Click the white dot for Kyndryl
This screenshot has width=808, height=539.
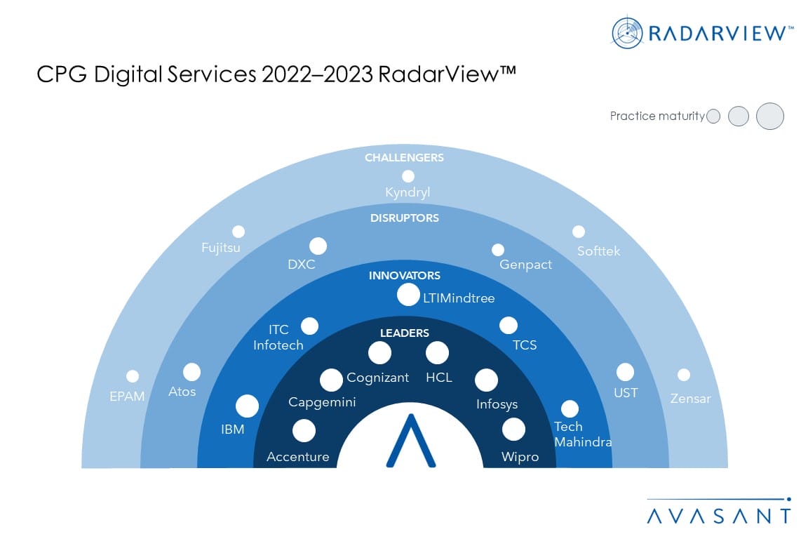tap(408, 176)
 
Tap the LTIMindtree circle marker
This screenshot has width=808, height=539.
tap(408, 295)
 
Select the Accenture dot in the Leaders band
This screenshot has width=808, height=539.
tap(304, 431)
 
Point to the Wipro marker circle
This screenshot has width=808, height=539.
tap(513, 429)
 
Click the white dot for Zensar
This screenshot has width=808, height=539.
tap(684, 375)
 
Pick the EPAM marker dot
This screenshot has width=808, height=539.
tap(133, 376)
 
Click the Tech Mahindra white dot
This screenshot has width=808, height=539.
tap(570, 408)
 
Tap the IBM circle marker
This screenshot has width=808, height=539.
tap(248, 406)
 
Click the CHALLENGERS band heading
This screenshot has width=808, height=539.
tap(404, 158)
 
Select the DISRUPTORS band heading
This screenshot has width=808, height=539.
tap(405, 218)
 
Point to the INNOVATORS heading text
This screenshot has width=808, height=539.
tap(405, 275)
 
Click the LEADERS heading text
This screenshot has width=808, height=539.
tap(405, 333)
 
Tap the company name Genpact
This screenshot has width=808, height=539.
tap(525, 265)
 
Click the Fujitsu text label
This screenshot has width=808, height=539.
tap(220, 248)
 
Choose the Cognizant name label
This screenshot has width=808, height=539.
tap(378, 378)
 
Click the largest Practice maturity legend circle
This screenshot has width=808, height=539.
tap(770, 116)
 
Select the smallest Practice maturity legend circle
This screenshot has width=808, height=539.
tap(714, 116)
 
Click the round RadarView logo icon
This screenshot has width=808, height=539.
tap(627, 33)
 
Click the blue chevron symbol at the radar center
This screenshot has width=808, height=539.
tap(411, 441)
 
